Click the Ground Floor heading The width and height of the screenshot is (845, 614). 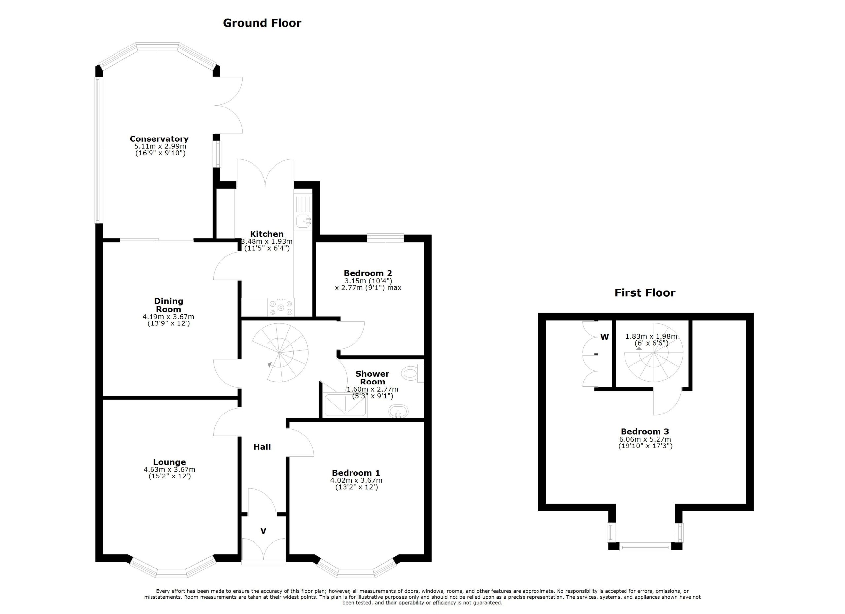tap(262, 23)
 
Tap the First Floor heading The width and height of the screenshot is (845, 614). tap(645, 293)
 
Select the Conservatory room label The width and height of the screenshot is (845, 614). tap(159, 139)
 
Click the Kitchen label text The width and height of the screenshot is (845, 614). tap(266, 234)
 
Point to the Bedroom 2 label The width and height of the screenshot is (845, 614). tap(368, 273)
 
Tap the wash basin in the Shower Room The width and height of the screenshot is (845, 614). tap(398, 412)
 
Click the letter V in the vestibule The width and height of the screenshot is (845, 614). tap(263, 531)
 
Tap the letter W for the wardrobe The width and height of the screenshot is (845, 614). tap(604, 337)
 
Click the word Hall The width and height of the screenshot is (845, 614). tap(262, 447)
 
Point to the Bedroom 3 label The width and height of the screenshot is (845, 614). tap(645, 432)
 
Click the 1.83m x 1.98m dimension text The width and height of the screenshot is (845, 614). tap(651, 336)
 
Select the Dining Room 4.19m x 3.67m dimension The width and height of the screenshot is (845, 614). tap(168, 317)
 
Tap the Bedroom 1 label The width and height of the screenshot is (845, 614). tap(356, 473)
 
